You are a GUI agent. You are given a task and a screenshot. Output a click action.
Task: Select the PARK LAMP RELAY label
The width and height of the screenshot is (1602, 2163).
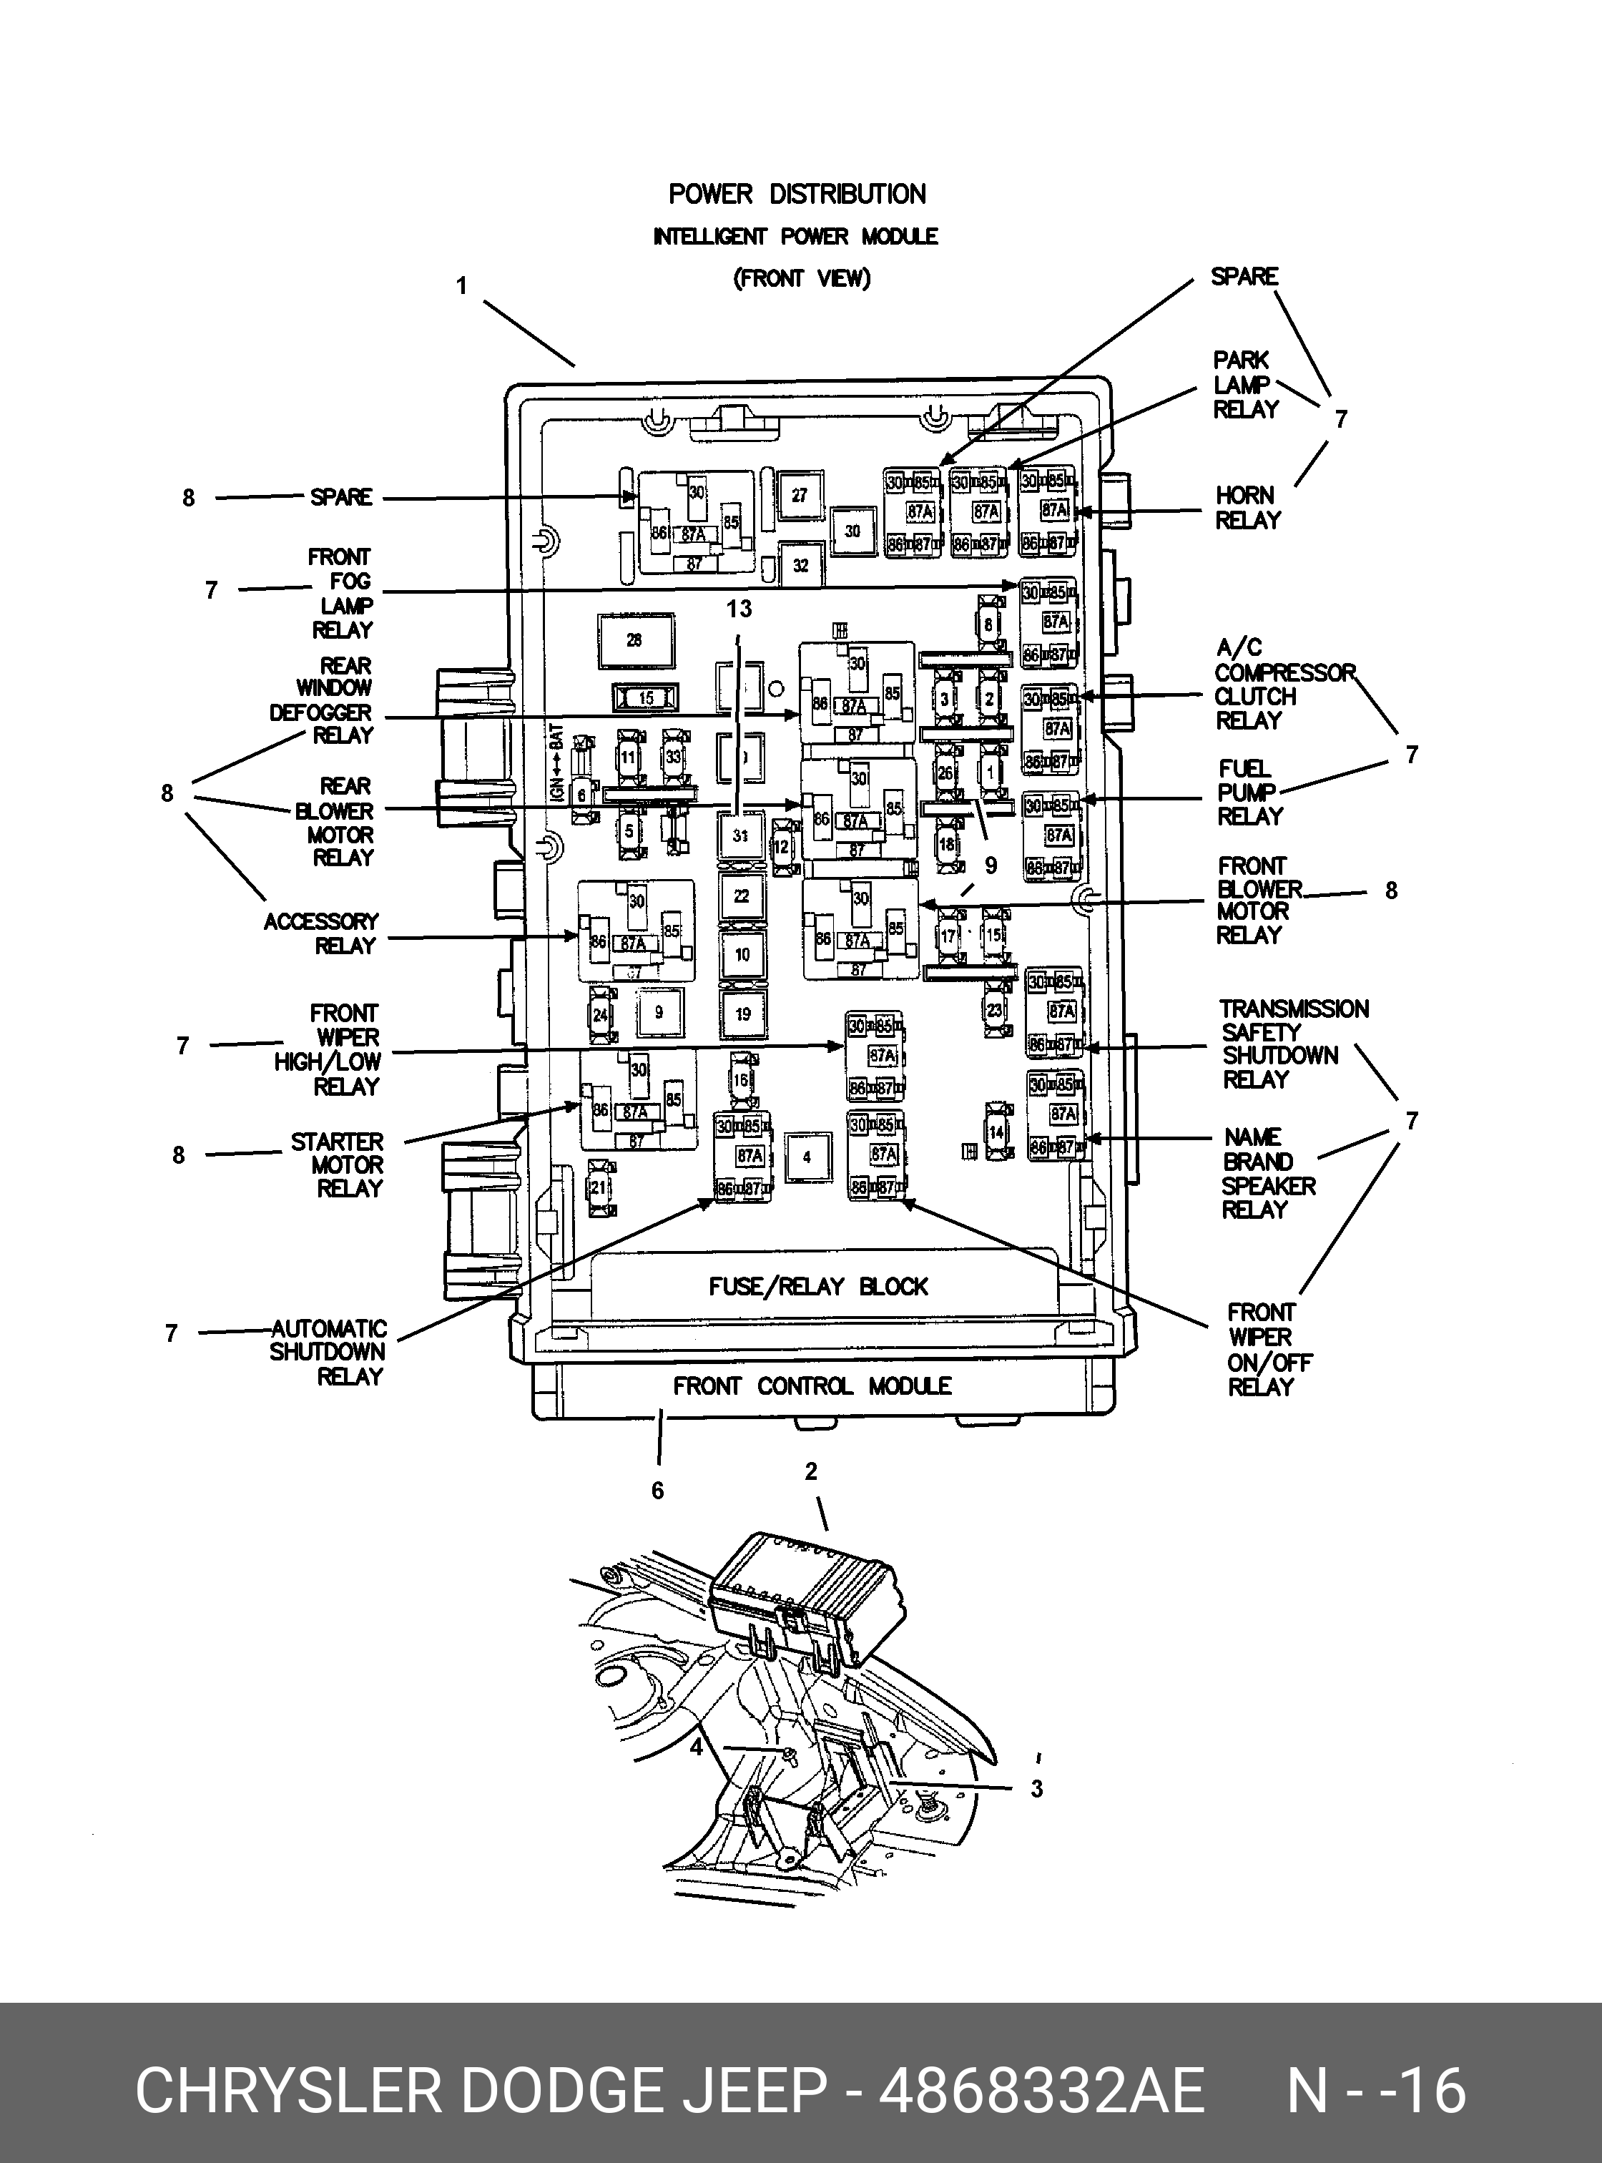click(x=1245, y=385)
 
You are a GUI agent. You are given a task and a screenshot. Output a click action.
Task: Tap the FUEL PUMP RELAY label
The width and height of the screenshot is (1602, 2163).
click(x=1249, y=793)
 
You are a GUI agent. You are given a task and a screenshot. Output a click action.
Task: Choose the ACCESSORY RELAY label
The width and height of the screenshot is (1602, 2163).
click(x=322, y=933)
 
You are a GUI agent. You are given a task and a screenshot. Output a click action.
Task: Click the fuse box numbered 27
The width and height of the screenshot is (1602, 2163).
click(x=799, y=496)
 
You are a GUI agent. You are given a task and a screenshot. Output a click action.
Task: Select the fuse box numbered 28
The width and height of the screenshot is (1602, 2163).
click(x=635, y=640)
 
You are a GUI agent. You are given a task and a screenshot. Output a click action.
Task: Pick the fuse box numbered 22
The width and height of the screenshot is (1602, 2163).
click(x=742, y=896)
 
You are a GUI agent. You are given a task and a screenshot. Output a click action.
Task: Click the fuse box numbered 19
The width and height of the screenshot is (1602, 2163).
click(x=743, y=1014)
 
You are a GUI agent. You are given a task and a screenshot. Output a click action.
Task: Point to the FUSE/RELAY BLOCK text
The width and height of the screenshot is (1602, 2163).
click(x=817, y=1287)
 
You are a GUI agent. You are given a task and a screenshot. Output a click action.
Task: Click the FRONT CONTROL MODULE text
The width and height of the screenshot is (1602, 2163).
click(x=812, y=1386)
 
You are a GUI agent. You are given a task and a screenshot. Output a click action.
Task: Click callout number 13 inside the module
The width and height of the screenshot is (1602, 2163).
click(x=739, y=609)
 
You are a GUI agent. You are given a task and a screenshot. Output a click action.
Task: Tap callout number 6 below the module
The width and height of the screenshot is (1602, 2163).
click(x=657, y=1491)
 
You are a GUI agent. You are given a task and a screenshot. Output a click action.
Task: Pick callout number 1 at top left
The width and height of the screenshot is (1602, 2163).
click(x=463, y=286)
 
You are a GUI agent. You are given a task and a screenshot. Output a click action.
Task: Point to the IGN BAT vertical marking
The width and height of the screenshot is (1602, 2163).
click(x=556, y=765)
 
